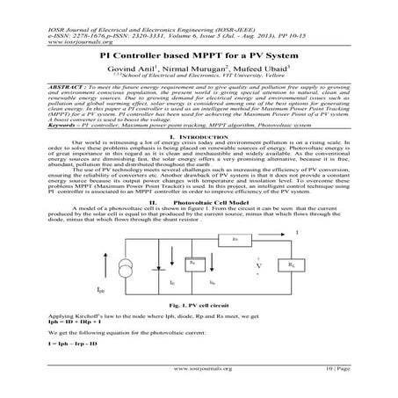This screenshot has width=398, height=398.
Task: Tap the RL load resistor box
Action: (291, 263)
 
